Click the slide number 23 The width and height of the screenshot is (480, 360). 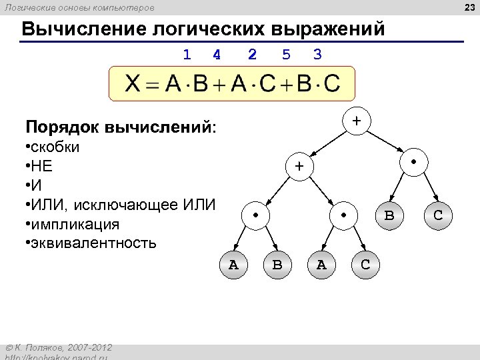pyautogui.click(x=468, y=7)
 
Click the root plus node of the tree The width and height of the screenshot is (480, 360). pyautogui.click(x=357, y=121)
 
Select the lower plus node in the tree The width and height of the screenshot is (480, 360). pyautogui.click(x=300, y=167)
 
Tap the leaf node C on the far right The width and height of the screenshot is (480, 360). pyautogui.click(x=438, y=216)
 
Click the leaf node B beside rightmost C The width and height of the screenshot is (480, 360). pyautogui.click(x=389, y=216)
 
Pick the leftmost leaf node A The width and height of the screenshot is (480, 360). pyautogui.click(x=233, y=265)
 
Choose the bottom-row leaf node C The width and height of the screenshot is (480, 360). pyautogui.click(x=365, y=265)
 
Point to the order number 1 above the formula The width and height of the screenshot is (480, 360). pyautogui.click(x=187, y=54)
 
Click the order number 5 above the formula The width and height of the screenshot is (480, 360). pyautogui.click(x=286, y=54)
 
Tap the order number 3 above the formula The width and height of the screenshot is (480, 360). pyautogui.click(x=317, y=54)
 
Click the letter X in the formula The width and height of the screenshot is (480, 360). pyautogui.click(x=133, y=84)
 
